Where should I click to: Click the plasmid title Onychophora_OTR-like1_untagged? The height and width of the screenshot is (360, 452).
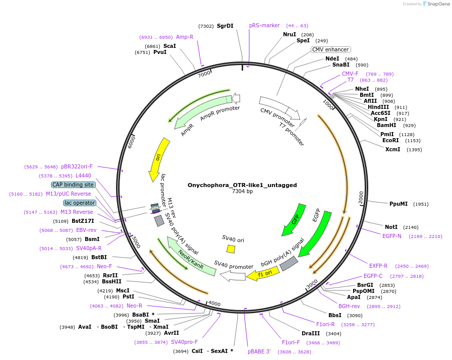pyautogui.click(x=242, y=185)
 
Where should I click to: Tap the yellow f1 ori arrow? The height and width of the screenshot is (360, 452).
pyautogui.click(x=263, y=274)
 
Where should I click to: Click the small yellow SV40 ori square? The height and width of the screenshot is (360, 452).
pyautogui.click(x=231, y=249)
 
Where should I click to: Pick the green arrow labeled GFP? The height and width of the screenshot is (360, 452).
pyautogui.click(x=295, y=220)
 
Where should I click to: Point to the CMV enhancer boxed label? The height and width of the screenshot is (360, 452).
pyautogui.click(x=330, y=49)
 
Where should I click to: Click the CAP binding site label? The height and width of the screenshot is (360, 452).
pyautogui.click(x=73, y=185)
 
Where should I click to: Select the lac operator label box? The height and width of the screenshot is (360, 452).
pyautogui.click(x=80, y=203)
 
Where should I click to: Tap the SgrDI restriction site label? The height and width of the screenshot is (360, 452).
pyautogui.click(x=225, y=26)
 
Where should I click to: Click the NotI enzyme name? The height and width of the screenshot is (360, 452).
pyautogui.click(x=391, y=227)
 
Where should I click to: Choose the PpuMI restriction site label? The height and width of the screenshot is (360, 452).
pyautogui.click(x=399, y=204)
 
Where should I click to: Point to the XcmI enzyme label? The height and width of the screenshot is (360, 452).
pyautogui.click(x=392, y=149)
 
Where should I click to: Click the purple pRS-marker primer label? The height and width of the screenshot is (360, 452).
pyautogui.click(x=264, y=25)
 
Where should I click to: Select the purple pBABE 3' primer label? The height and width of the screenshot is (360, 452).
pyautogui.click(x=259, y=351)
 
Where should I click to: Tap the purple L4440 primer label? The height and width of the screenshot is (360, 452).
pyautogui.click(x=83, y=175)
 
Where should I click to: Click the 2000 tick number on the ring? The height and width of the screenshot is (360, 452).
pyautogui.click(x=361, y=197)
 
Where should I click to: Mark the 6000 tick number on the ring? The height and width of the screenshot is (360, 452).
pyautogui.click(x=131, y=142)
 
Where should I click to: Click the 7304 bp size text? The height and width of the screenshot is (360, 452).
pyautogui.click(x=243, y=191)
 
